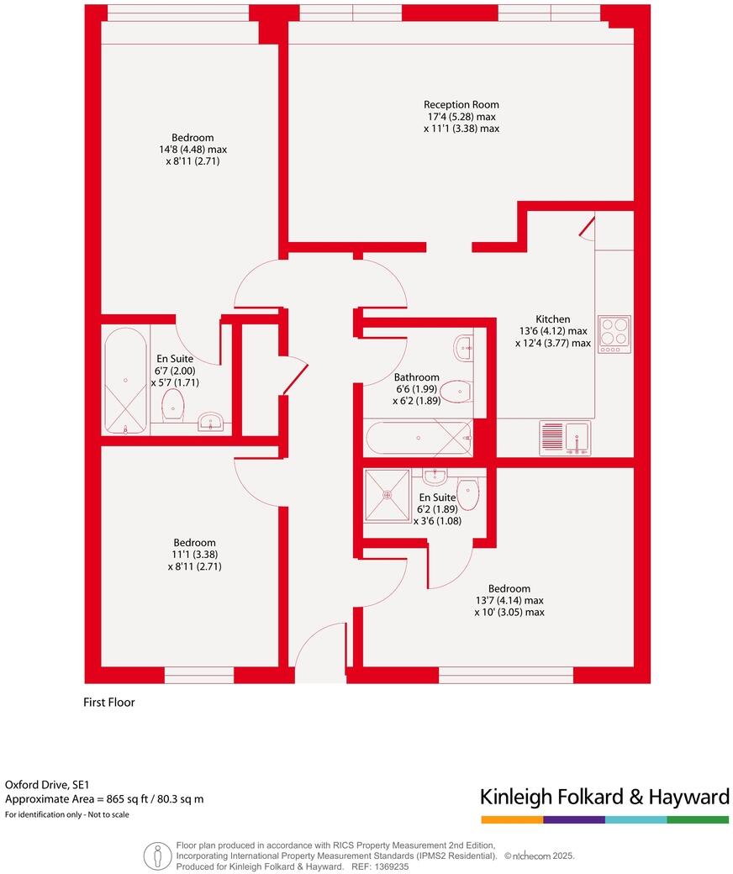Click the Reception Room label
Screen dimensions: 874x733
tap(461, 104)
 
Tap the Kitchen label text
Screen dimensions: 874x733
tap(553, 319)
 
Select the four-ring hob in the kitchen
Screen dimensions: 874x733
tap(614, 334)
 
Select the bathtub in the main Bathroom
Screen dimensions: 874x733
tap(419, 439)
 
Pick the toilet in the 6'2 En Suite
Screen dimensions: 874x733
tap(467, 494)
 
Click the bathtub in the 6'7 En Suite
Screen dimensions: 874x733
tap(125, 381)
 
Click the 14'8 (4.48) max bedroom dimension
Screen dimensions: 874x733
tap(192, 150)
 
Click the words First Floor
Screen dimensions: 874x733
tap(109, 703)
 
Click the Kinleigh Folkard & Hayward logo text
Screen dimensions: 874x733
tap(604, 797)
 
